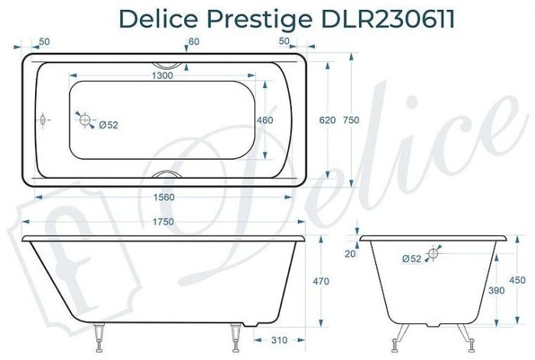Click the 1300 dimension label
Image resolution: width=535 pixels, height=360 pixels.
pos(161,75)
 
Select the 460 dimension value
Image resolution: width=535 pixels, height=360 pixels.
pos(264,120)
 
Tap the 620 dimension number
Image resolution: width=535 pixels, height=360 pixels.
pos(327,120)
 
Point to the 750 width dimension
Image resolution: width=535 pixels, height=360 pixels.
pos(351,120)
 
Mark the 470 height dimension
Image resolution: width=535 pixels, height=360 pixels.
pos(321,281)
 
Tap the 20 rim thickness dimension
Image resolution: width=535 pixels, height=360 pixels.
pos(349,254)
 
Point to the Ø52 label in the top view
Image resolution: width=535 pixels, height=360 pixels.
pos(107,125)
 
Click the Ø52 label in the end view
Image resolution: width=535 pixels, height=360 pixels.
pos(411,259)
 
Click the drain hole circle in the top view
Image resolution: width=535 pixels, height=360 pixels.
pos(84,119)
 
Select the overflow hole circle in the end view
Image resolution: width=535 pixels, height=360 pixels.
pos(433,253)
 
